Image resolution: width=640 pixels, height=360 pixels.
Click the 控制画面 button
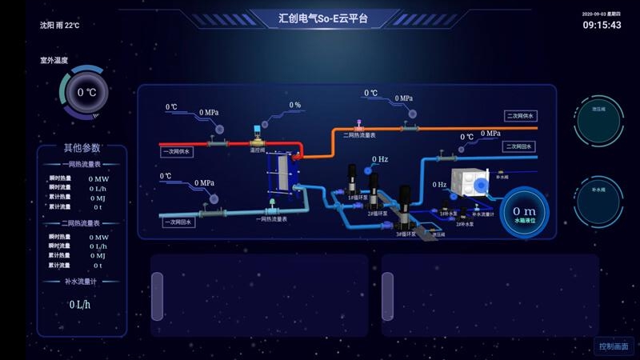(x=614, y=346)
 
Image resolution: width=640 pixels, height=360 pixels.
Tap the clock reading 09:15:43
(x=602, y=26)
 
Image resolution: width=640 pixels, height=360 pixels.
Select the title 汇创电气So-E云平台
(x=323, y=18)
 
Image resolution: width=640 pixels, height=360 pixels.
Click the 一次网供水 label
(x=177, y=150)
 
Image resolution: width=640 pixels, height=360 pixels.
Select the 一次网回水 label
(x=178, y=222)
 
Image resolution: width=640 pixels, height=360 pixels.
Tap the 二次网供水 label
(x=520, y=115)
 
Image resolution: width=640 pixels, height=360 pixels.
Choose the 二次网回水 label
(x=518, y=146)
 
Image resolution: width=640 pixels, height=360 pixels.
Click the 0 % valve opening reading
(x=294, y=105)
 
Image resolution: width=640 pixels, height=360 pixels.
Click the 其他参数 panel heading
(x=82, y=148)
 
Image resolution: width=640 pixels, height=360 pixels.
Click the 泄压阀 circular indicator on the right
(x=598, y=123)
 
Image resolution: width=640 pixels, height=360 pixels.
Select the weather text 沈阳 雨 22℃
(x=59, y=26)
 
